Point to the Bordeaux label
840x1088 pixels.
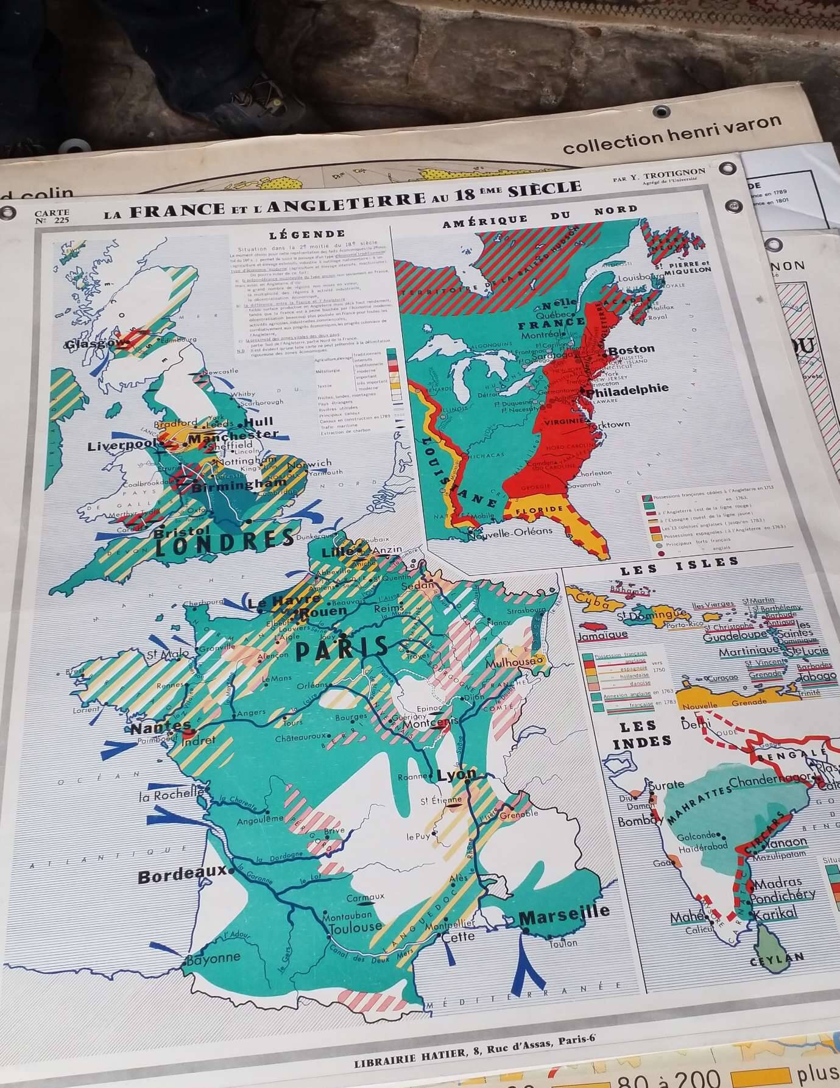(182, 876)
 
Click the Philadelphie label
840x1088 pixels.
(627, 389)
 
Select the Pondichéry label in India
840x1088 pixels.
(782, 895)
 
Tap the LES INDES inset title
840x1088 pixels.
(638, 734)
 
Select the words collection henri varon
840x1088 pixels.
(672, 133)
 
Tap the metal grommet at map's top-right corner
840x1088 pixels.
(726, 168)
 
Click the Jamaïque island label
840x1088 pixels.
(602, 635)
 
